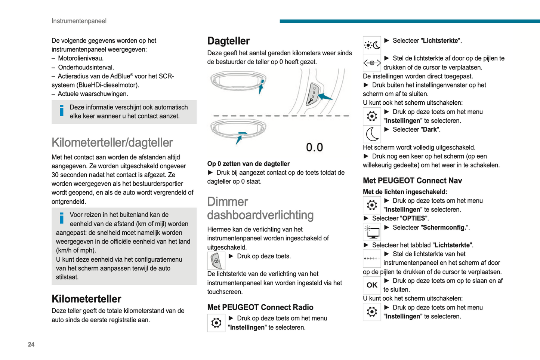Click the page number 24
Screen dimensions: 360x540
pyautogui.click(x=31, y=344)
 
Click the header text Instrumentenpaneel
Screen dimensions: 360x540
pyautogui.click(x=79, y=21)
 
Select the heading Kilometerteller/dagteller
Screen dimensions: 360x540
pyautogui.click(x=112, y=142)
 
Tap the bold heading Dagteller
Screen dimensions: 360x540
pyautogui.click(x=228, y=41)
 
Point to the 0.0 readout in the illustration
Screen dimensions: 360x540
pyautogui.click(x=314, y=147)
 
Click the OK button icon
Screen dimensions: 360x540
pyautogui.click(x=372, y=285)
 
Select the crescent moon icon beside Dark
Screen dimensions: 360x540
pyautogui.click(x=372, y=134)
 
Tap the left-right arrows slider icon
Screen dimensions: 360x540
pyautogui.click(x=372, y=63)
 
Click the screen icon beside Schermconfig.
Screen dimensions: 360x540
pyautogui.click(x=372, y=232)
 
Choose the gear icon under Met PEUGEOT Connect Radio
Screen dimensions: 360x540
pyautogui.click(x=216, y=323)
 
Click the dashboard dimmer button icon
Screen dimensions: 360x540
pyautogui.click(x=216, y=261)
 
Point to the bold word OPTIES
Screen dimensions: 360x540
pyautogui.click(x=414, y=218)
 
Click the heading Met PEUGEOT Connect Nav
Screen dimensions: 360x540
pyautogui.click(x=412, y=181)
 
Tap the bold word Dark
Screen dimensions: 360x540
pyautogui.click(x=430, y=130)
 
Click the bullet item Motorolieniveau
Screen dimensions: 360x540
pyautogui.click(x=81, y=58)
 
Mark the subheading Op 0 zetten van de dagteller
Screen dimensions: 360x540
pyautogui.click(x=249, y=164)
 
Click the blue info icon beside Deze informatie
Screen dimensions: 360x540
pyautogui.click(x=62, y=110)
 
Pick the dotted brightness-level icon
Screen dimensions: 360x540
pyautogui.click(x=372, y=258)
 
